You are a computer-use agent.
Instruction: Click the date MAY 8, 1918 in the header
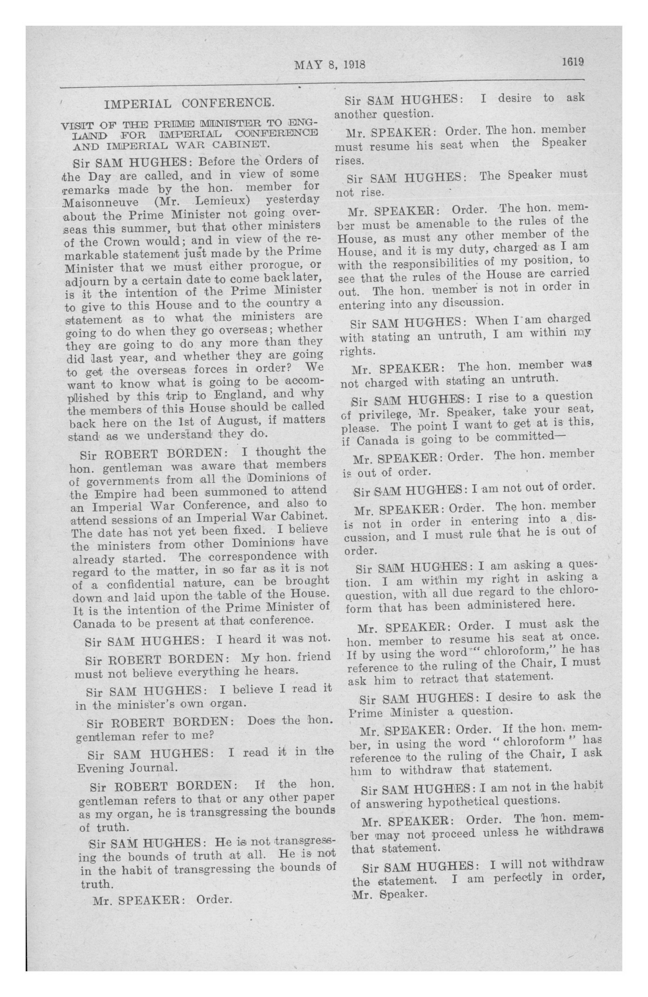pos(330,64)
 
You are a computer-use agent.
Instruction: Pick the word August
pos(243,420)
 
